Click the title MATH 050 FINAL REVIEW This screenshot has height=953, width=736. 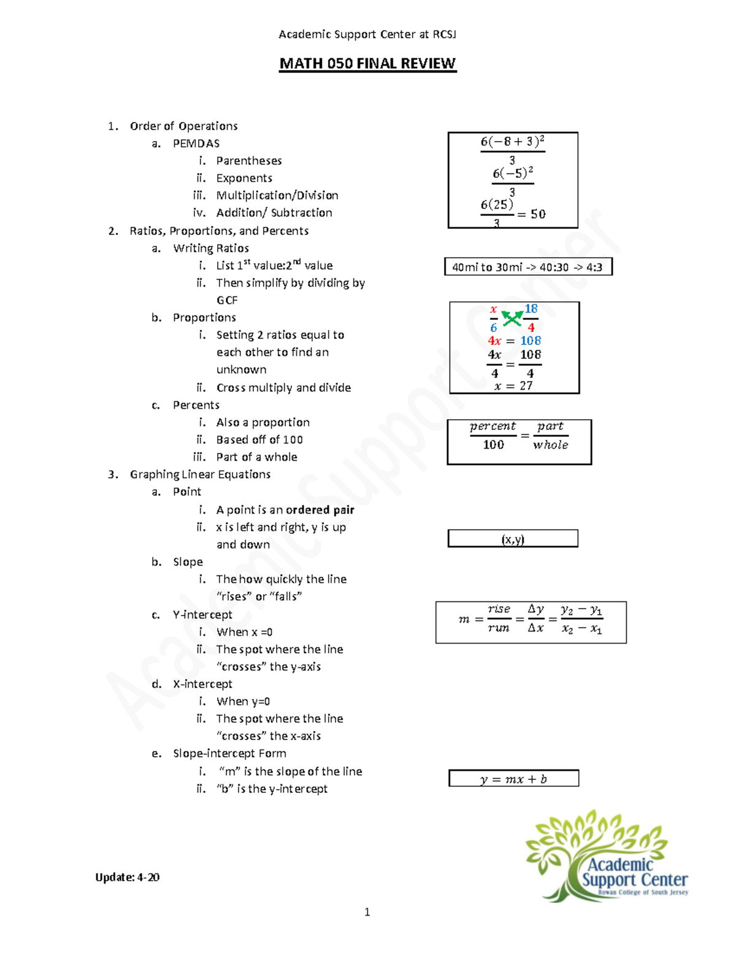[x=367, y=64]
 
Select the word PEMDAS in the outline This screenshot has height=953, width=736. [x=196, y=144]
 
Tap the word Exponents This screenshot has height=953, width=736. [x=244, y=179]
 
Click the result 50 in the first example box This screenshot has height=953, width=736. [x=538, y=214]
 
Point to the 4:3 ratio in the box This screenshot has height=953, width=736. [x=594, y=268]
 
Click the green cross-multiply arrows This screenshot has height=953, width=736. [x=512, y=318]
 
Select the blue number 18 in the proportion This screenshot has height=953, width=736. [x=531, y=309]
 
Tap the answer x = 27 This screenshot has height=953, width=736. [x=513, y=386]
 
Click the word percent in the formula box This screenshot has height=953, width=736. [x=493, y=426]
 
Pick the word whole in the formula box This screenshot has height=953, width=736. [x=550, y=445]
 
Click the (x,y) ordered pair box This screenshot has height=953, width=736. [x=513, y=539]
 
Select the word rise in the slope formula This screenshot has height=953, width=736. [x=499, y=609]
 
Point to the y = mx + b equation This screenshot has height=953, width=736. [x=513, y=779]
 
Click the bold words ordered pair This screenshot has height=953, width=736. [x=320, y=510]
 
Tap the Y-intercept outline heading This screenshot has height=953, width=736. [x=202, y=615]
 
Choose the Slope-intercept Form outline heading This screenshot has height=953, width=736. [x=229, y=754]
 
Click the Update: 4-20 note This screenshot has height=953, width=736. [x=127, y=878]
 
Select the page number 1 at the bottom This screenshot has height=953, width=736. [x=367, y=912]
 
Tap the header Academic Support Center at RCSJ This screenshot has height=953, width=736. [x=367, y=34]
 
